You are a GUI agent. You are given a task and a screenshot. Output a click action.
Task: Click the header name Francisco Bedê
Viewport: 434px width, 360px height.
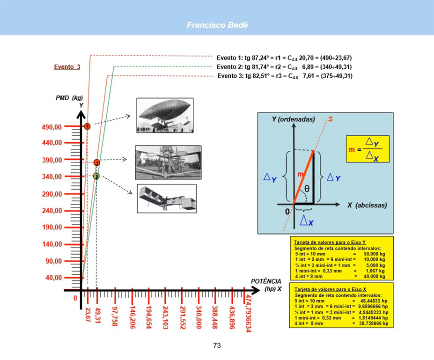tap(217, 25)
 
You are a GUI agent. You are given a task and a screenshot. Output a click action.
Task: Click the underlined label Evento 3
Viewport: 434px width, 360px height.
tap(67, 67)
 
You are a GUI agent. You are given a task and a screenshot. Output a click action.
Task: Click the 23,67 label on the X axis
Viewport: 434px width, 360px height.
tap(88, 315)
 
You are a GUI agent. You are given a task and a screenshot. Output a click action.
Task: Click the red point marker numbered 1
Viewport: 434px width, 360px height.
tap(87, 126)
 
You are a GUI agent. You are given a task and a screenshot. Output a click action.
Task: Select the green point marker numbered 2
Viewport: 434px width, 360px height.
tap(96, 176)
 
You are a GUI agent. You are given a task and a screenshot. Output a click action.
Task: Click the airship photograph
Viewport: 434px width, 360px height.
tap(164, 115)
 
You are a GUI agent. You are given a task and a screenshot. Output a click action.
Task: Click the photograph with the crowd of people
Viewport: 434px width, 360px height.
tap(168, 162)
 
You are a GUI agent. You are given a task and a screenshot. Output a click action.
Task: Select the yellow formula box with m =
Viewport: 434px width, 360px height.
tap(367, 149)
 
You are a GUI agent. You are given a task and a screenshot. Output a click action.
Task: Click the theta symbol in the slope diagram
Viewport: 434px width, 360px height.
tap(307, 189)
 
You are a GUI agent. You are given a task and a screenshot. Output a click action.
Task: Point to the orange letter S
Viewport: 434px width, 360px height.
tap(331, 119)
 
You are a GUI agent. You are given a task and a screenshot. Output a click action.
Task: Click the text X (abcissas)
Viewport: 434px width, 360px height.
tap(367, 205)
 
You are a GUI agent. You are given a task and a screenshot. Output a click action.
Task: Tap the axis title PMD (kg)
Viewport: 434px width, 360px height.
tap(69, 98)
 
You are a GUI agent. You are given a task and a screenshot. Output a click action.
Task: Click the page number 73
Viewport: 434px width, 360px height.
tap(217, 345)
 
